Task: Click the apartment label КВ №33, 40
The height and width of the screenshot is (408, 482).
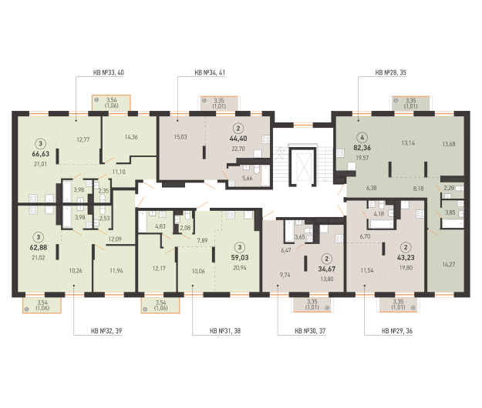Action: pyautogui.click(x=109, y=72)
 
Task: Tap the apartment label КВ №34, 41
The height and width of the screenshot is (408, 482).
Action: pyautogui.click(x=210, y=72)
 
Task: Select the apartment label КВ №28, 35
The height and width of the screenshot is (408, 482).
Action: pyautogui.click(x=391, y=72)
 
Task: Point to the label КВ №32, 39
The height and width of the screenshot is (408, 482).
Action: pyautogui.click(x=106, y=331)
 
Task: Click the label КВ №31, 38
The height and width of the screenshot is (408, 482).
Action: pyautogui.click(x=225, y=331)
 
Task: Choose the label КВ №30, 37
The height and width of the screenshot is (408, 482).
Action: pyautogui.click(x=310, y=331)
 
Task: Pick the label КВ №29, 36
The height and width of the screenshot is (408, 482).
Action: pyautogui.click(x=397, y=331)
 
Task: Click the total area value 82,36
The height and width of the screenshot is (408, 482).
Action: pyautogui.click(x=362, y=148)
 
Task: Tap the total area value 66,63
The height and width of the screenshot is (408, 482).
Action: pyautogui.click(x=41, y=154)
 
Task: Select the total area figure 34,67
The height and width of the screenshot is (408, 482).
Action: pyautogui.click(x=327, y=269)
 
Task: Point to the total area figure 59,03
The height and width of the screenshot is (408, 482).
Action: pyautogui.click(x=240, y=258)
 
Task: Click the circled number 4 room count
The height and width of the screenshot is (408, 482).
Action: pyautogui.click(x=362, y=138)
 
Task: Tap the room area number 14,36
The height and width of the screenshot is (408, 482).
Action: pyautogui.click(x=131, y=137)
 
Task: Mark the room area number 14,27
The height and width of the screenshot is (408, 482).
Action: pyautogui.click(x=449, y=264)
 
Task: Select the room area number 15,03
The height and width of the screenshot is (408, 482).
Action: pyautogui.click(x=180, y=137)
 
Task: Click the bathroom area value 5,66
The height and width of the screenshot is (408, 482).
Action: pyautogui.click(x=247, y=178)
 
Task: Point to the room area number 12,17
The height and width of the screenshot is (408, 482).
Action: pyautogui.click(x=159, y=269)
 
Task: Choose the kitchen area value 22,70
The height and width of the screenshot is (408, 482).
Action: pyautogui.click(x=238, y=149)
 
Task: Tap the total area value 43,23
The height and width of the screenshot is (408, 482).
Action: pyautogui.click(x=406, y=258)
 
